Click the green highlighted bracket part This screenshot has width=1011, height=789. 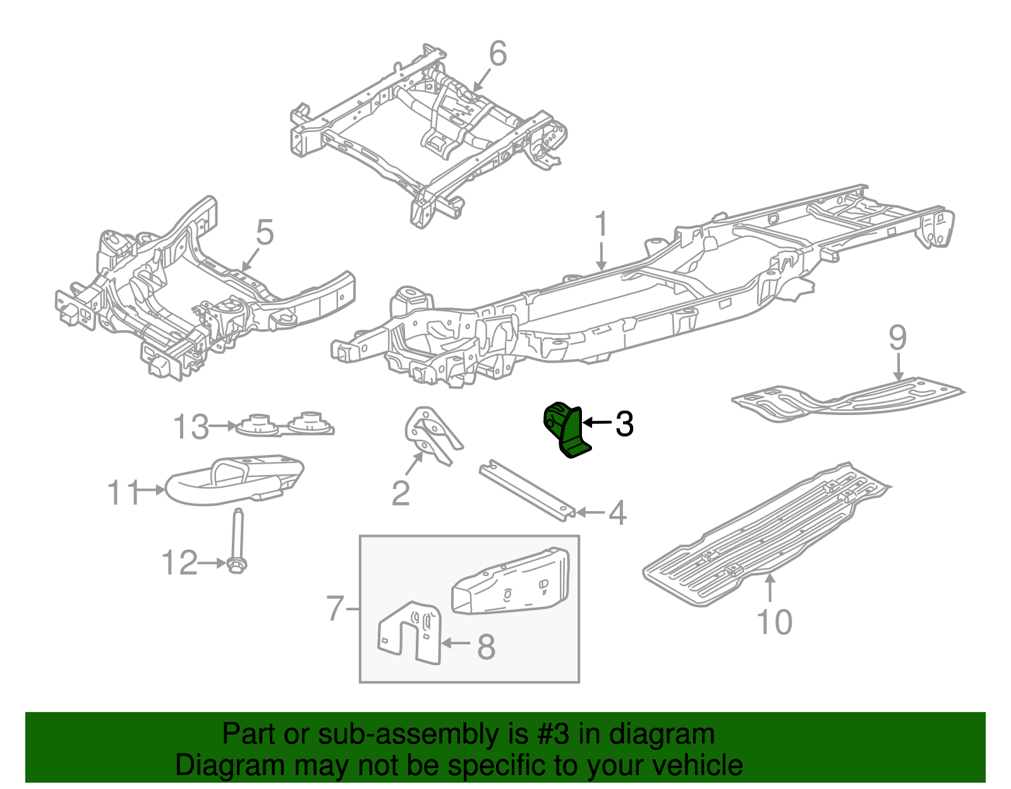pos(567,430)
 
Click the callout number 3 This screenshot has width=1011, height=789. pos(624,424)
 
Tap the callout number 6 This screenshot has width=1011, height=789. pos(497,54)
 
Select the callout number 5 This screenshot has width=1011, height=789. pos(264,232)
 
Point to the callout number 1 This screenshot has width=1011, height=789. pos(601,226)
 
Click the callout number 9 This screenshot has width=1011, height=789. pos(897,339)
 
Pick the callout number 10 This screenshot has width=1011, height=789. pos(774,622)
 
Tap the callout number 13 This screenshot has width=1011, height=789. pos(191,427)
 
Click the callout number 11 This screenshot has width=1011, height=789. pos(123,492)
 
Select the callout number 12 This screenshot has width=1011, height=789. pos(179,563)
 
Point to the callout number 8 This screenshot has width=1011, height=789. pos(485,646)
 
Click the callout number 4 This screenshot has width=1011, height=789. pos(617,513)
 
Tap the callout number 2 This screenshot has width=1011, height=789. pos(401,493)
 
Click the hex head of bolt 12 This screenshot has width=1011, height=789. pos(236,565)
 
